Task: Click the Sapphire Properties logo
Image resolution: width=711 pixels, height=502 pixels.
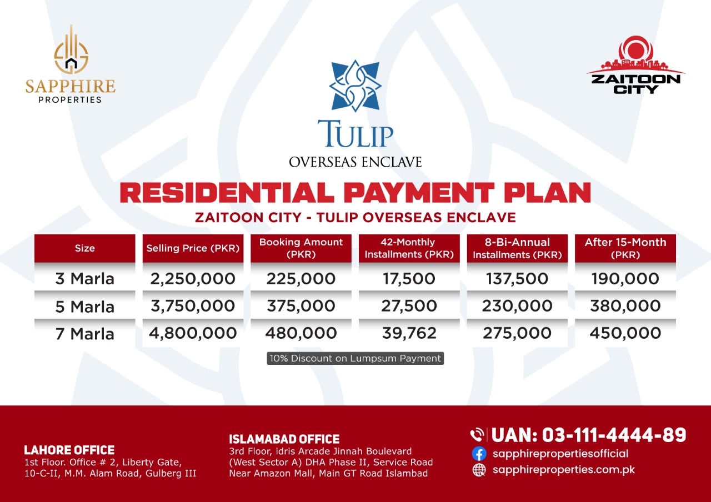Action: [x=70, y=64]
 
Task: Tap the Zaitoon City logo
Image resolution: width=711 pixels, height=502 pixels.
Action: [x=635, y=65]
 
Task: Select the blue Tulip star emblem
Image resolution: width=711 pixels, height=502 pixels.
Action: [x=355, y=86]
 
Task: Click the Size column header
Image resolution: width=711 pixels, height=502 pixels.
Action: [x=85, y=248]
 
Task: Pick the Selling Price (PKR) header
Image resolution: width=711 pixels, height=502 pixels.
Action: [x=193, y=248]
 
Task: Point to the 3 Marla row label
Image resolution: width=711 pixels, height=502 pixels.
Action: [x=85, y=279]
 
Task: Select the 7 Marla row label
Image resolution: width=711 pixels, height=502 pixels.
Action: [x=85, y=334]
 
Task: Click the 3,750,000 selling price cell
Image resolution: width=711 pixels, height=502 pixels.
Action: [x=193, y=306]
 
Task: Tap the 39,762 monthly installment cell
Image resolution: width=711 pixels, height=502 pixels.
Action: [x=409, y=333]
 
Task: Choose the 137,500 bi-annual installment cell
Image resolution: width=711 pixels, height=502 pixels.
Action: [x=517, y=279]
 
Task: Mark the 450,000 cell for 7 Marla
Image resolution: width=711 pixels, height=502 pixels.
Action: [x=625, y=333]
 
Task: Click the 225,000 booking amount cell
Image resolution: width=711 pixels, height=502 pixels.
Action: [x=301, y=279]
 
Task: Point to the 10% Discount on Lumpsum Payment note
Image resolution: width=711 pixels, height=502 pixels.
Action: [x=355, y=358]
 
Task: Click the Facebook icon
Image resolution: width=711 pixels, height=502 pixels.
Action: [x=479, y=454]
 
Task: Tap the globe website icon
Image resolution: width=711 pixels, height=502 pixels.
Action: [x=479, y=470]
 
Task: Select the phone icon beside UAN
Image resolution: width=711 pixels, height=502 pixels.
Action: [x=477, y=435]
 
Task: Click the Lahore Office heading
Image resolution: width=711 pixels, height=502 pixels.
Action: [x=69, y=450]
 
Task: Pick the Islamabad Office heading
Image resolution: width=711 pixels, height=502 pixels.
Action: [x=284, y=439]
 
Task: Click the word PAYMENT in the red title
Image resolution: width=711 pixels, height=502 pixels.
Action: [x=419, y=193]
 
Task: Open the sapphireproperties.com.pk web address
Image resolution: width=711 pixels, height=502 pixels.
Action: [x=564, y=470]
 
